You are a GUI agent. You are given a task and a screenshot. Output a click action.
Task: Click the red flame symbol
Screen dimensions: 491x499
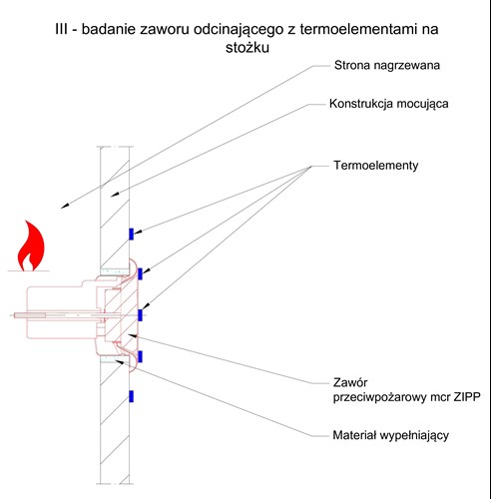click(x=31, y=246)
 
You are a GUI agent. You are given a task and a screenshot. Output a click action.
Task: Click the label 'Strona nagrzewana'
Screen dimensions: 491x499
click(x=387, y=65)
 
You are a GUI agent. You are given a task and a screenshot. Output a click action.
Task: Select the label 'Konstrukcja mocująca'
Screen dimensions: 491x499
click(x=388, y=104)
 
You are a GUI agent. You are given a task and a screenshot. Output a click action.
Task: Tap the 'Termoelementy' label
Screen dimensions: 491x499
click(x=376, y=166)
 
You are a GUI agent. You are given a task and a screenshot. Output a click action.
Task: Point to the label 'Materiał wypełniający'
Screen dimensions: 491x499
click(x=391, y=435)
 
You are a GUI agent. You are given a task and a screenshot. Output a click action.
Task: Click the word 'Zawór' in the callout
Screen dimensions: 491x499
click(x=350, y=382)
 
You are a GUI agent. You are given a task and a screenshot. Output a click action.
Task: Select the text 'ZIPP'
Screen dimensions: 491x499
click(x=467, y=397)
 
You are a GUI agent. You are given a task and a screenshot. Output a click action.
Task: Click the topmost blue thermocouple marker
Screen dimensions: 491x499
click(x=131, y=234)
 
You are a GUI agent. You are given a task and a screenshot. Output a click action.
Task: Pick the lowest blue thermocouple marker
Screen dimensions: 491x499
click(x=131, y=396)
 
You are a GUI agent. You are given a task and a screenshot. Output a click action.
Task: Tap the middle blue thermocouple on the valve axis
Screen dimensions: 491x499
click(x=140, y=315)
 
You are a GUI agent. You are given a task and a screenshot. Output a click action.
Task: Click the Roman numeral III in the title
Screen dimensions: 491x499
click(x=61, y=29)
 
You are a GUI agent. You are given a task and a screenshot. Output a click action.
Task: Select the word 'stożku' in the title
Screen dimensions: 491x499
click(x=247, y=48)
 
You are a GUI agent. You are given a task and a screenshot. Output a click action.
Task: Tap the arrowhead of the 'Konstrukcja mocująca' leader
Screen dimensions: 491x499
click(x=115, y=195)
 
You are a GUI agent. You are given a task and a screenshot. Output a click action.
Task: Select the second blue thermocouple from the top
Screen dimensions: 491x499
click(x=140, y=273)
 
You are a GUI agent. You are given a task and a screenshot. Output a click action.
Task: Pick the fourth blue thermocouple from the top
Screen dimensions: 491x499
click(x=140, y=356)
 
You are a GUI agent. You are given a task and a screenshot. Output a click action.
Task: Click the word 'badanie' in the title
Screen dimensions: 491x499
click(x=109, y=29)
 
